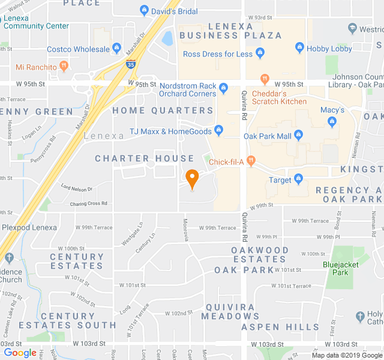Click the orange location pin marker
click(x=192, y=178)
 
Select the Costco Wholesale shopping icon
click(x=116, y=49)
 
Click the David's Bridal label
click(x=175, y=11)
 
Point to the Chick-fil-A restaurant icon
click(x=251, y=161)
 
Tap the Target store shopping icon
click(x=298, y=179)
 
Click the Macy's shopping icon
click(x=332, y=122)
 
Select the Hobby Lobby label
click(x=329, y=48)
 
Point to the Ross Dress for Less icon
click(x=260, y=54)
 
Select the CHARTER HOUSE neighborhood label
click(x=145, y=158)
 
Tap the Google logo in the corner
click(x=20, y=352)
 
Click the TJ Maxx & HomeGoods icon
click(x=218, y=131)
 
